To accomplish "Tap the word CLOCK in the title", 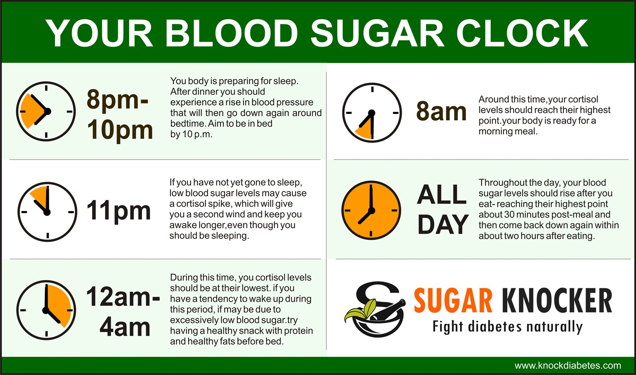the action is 522,33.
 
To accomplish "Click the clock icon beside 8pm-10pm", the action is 46,111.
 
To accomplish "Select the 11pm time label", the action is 118,211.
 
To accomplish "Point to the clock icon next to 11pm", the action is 47,211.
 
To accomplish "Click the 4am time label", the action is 125,327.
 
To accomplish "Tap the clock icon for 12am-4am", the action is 46,310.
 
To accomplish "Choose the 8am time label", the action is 441,111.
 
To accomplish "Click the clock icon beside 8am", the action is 372,112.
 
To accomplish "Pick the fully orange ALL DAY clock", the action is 371,210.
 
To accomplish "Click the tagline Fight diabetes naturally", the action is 508,327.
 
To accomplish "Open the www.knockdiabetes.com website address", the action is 568,365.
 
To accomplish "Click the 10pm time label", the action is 120,130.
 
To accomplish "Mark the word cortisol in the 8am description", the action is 583,99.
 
